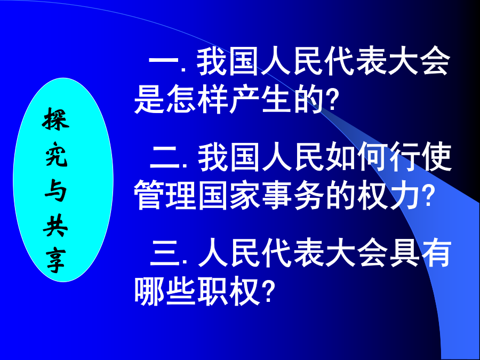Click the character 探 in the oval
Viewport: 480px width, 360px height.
pyautogui.click(x=55, y=119)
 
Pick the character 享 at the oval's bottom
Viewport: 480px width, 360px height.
pyautogui.click(x=56, y=261)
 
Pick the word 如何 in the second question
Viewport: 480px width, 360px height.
pyautogui.click(x=357, y=158)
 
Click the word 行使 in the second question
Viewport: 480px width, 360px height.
pyautogui.click(x=421, y=158)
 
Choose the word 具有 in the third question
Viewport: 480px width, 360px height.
pyautogui.click(x=421, y=253)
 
